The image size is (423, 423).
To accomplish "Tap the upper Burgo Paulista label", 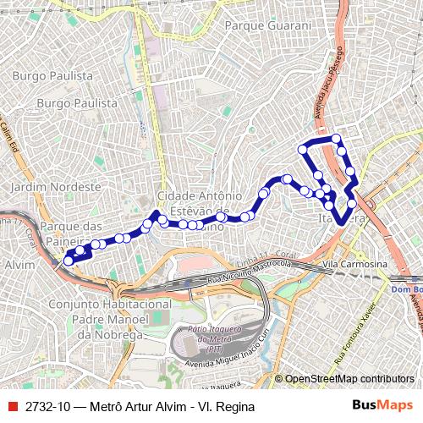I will tap(52, 75).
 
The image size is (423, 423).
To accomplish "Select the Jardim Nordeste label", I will tap(45, 185).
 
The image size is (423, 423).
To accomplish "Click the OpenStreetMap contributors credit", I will tap(349, 379).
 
